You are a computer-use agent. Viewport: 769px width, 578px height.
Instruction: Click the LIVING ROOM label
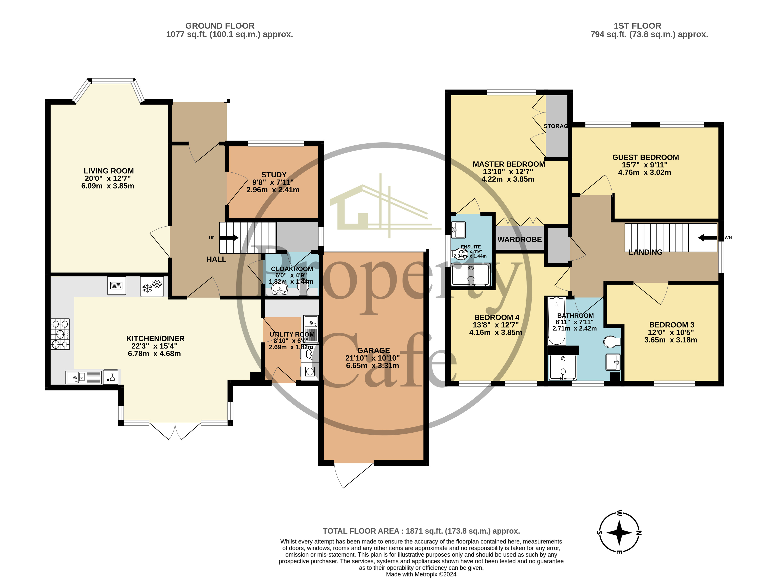(108, 171)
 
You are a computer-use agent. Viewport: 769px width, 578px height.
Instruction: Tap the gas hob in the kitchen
(60, 334)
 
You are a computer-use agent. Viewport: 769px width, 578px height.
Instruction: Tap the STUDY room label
(274, 175)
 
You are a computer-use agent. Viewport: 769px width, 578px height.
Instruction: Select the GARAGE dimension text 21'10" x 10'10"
(372, 358)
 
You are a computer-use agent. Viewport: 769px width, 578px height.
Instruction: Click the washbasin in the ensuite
(458, 230)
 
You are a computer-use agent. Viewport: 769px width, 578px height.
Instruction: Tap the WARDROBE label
(519, 239)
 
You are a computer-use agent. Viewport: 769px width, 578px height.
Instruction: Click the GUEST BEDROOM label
(645, 157)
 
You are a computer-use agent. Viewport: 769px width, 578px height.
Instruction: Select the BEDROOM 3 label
(672, 325)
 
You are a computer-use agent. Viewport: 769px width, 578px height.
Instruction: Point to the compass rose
(619, 532)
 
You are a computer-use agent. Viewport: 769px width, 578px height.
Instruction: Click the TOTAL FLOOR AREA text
(421, 531)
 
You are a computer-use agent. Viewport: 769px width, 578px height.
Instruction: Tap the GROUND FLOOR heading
(220, 26)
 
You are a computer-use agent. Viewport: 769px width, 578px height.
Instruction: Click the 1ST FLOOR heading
(637, 26)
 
